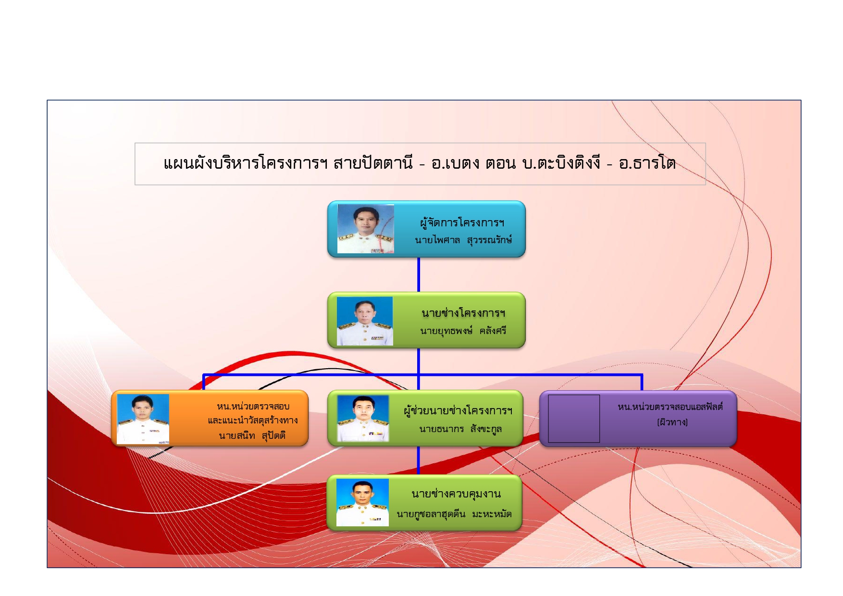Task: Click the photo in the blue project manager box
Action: click(366, 229)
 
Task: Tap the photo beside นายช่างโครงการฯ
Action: click(365, 321)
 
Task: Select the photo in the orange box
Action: click(143, 419)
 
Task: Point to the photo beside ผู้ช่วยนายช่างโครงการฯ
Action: click(363, 418)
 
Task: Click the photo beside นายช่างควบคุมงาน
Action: click(362, 502)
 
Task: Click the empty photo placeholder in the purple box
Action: click(574, 419)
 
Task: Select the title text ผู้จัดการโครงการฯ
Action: click(462, 223)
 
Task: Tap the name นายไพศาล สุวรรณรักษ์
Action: click(463, 240)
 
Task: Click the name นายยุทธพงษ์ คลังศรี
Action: click(463, 331)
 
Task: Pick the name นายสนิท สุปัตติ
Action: click(252, 435)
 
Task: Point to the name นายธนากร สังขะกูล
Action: click(460, 429)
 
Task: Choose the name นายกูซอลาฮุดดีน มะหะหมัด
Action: click(454, 514)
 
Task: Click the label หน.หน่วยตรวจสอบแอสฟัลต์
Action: click(670, 407)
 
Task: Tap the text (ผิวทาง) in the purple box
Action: click(672, 422)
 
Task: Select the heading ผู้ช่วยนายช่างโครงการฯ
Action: click(458, 411)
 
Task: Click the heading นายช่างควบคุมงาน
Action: click(456, 494)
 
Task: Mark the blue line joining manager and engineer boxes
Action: click(419, 274)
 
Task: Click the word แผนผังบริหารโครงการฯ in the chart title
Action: click(246, 163)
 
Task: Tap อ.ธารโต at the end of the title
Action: click(647, 163)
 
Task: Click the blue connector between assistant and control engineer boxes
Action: click(418, 460)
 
